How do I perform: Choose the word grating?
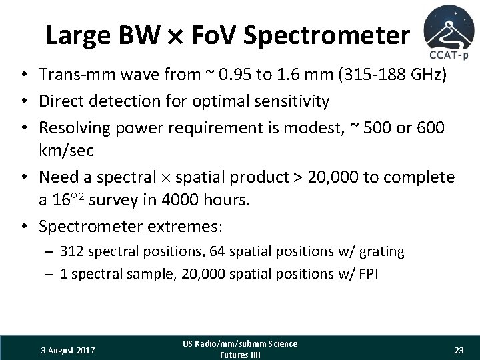[381, 251]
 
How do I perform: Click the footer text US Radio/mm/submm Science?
[239, 343]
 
